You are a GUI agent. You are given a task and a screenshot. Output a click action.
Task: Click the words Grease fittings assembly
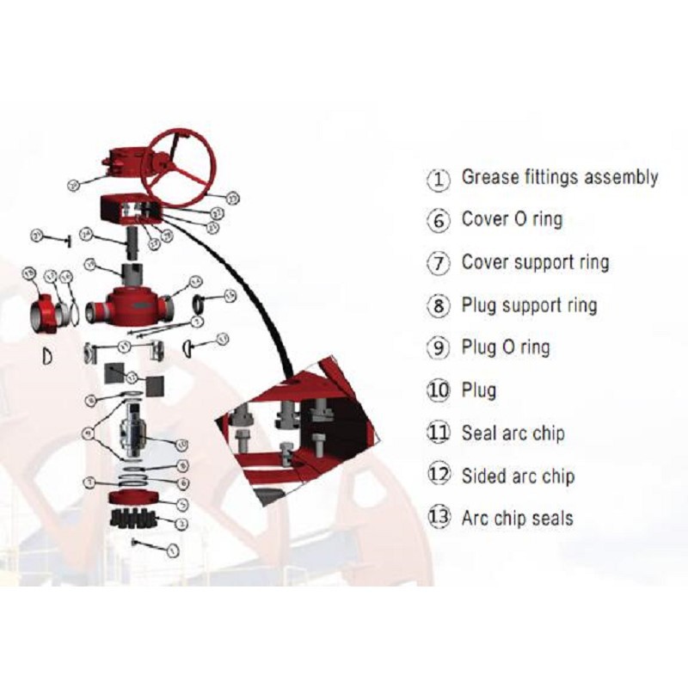[x=560, y=177]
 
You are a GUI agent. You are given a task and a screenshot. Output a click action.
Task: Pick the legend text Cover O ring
[x=512, y=219]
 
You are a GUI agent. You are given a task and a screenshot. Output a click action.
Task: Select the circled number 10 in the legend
[x=439, y=390]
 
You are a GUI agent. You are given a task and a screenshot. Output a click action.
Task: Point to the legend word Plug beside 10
[x=479, y=390]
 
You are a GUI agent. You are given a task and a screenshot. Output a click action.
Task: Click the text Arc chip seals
[x=517, y=518]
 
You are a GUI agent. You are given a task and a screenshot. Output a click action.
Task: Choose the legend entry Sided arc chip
[x=518, y=476]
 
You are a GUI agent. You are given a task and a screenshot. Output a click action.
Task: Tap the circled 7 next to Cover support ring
[x=439, y=263]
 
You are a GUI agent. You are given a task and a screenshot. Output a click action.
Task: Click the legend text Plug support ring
[x=528, y=305]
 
